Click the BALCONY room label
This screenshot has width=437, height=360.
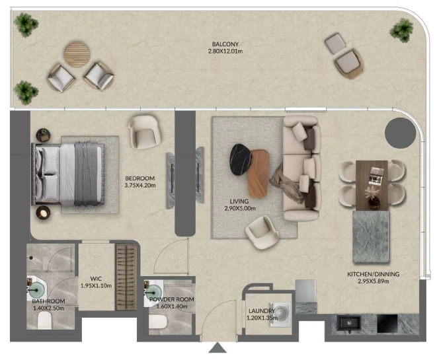tap(225, 44)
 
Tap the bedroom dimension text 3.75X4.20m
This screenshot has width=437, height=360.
tap(140, 185)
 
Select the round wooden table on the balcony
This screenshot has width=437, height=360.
tap(77, 54)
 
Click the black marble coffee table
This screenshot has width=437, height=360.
tap(241, 160)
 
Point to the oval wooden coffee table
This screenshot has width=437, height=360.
tap(258, 174)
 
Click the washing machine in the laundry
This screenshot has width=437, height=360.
tap(280, 314)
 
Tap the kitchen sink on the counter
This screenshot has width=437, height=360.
tap(348, 323)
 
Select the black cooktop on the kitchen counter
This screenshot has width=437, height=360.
tap(387, 324)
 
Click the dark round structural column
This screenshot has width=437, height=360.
tap(400, 133)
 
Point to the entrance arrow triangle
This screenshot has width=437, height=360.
tap(218, 348)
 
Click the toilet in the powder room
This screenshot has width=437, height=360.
tap(158, 322)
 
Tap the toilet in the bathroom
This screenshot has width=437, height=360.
tap(44, 320)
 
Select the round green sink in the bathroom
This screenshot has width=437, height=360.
tap(36, 291)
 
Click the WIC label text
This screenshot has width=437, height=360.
tap(96, 279)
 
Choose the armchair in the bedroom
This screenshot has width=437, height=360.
tap(145, 132)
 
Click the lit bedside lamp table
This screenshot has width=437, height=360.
tap(43, 213)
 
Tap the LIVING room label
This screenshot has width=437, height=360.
tap(239, 201)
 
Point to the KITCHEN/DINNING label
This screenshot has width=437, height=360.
tap(373, 274)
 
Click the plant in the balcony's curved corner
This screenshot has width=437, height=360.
tap(401, 30)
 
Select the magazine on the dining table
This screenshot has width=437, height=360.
tap(376, 176)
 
